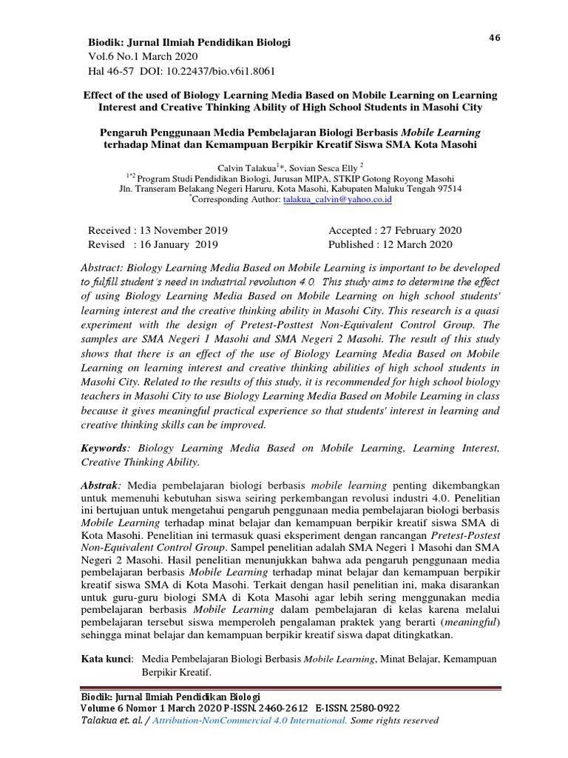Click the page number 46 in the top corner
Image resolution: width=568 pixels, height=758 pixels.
[x=495, y=39]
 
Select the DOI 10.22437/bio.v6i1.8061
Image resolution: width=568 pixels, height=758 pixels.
[x=221, y=71]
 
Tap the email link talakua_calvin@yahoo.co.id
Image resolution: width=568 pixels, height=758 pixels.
[x=338, y=199]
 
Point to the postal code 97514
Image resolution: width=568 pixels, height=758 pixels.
[x=445, y=189]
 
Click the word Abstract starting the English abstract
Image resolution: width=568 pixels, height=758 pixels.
[x=104, y=267]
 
